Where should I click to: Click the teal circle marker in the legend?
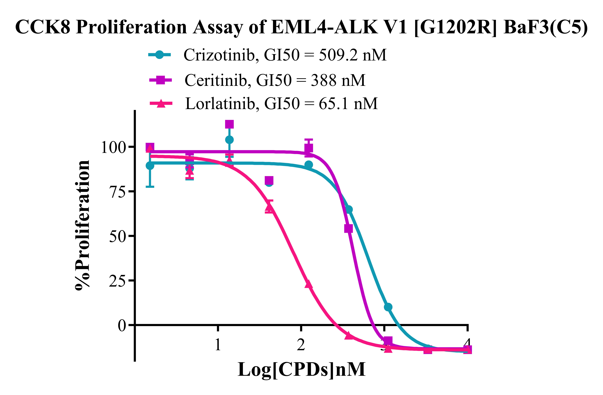pyautogui.click(x=159, y=55)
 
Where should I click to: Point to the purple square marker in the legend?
pyautogui.click(x=161, y=80)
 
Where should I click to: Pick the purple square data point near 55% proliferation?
pyautogui.click(x=348, y=229)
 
